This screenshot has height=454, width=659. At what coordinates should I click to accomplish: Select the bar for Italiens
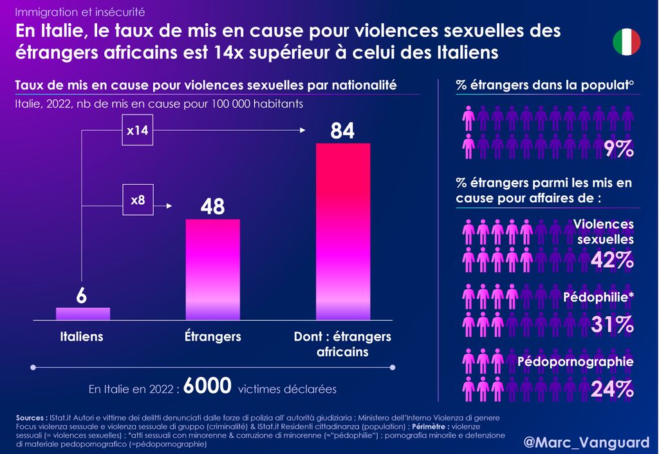tap(83, 314)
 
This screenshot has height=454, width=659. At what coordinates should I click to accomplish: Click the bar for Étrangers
tap(213, 269)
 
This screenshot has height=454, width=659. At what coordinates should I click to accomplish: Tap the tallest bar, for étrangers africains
tap(343, 231)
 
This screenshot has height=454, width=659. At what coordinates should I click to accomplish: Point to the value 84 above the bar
tap(342, 131)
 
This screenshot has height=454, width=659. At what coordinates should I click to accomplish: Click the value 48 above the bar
tap(212, 207)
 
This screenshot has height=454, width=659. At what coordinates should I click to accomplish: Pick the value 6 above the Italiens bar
tap(82, 296)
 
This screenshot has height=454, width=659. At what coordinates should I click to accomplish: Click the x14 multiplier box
tap(137, 131)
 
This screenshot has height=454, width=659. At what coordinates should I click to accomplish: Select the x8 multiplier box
tap(138, 200)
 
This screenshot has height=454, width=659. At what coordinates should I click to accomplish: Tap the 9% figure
tap(619, 149)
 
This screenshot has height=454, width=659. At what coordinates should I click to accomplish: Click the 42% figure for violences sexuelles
tap(613, 260)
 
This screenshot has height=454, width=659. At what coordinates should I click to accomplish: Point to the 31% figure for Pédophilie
tap(613, 325)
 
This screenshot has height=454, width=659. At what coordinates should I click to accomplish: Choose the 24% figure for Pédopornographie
tap(613, 389)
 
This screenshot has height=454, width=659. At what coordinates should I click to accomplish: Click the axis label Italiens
tap(82, 337)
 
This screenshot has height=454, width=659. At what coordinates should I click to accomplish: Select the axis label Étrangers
tap(213, 337)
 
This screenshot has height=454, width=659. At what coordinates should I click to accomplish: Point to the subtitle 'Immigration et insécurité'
tap(80, 12)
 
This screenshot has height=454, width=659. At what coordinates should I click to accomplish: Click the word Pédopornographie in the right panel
tap(575, 362)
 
